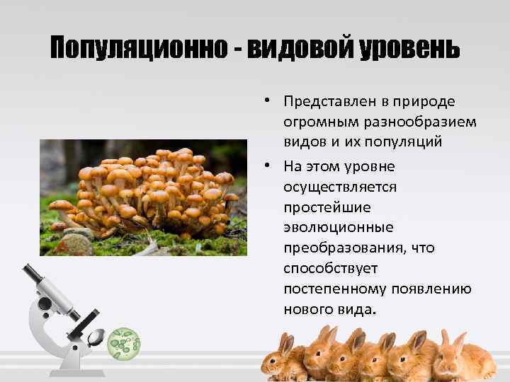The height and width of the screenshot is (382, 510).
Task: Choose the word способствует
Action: [330, 269]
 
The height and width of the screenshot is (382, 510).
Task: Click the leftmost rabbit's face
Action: [284, 351]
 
